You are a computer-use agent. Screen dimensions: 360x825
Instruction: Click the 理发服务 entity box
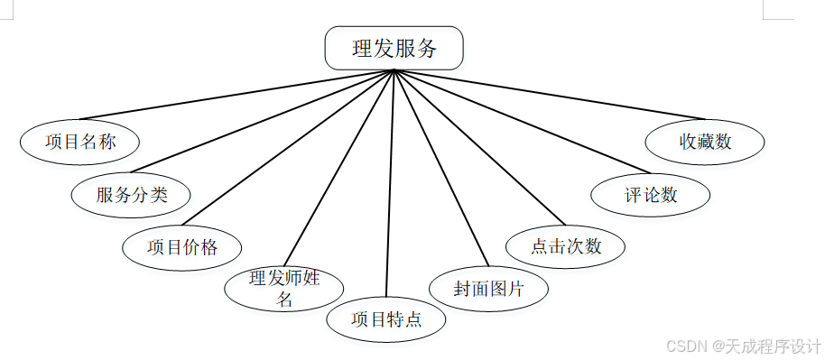[394, 48]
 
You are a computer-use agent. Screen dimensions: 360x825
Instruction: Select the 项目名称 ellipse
[80, 142]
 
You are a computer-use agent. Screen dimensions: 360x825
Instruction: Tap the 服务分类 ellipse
[132, 193]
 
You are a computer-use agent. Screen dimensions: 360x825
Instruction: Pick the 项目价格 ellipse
[182, 246]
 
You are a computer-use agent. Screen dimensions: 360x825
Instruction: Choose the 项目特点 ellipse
[386, 319]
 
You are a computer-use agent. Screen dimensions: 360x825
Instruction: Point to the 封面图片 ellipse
[488, 289]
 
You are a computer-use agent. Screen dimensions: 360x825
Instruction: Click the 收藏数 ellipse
[705, 142]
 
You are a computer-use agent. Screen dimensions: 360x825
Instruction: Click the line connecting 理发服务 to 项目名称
[237, 94]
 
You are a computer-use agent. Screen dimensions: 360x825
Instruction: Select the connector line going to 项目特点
[390, 180]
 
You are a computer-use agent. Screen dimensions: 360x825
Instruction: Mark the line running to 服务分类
[263, 120]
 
